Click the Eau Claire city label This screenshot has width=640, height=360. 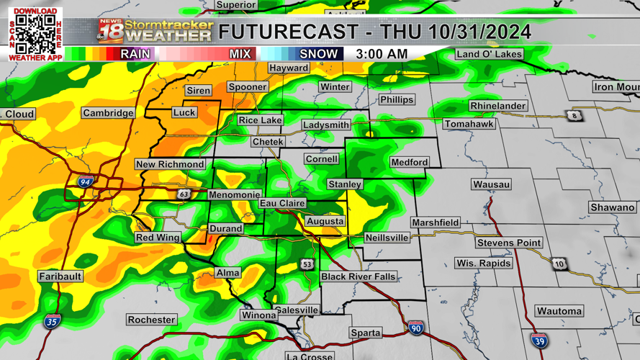[282, 204]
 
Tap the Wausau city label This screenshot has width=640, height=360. [492, 184]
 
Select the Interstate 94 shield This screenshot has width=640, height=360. [85, 183]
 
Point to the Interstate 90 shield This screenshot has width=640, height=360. [415, 328]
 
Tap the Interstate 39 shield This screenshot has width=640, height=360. [538, 341]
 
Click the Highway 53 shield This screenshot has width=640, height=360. [307, 264]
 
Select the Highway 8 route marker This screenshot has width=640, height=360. [574, 116]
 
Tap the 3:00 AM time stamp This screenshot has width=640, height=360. [382, 54]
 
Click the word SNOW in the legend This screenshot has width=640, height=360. [318, 54]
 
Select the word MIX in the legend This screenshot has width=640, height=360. [240, 54]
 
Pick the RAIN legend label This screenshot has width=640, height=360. [135, 54]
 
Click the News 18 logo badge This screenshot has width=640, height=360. [110, 31]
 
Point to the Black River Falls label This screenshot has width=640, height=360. [358, 276]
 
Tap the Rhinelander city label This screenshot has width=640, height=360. [497, 106]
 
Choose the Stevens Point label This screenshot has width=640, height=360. [508, 243]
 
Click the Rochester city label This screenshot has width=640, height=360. [151, 320]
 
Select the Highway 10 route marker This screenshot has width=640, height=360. [560, 264]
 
